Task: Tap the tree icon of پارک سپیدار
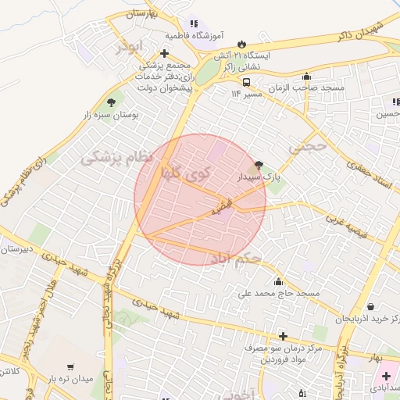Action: click(x=259, y=165)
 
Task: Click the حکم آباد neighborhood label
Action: click(x=234, y=258)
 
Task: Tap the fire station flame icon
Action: click(x=241, y=44)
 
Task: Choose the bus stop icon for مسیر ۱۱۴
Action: click(x=246, y=82)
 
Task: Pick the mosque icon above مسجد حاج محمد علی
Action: click(x=278, y=281)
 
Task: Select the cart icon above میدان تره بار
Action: click(x=71, y=366)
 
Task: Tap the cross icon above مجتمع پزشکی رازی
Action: click(x=163, y=54)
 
